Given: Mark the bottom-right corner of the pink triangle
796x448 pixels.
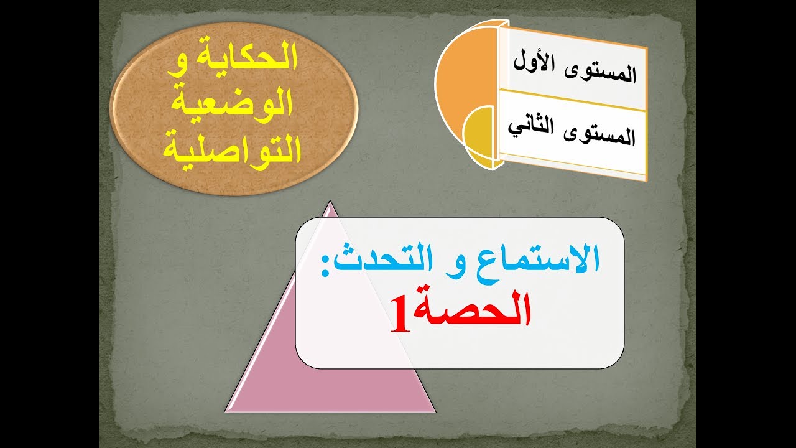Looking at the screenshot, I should pos(434,411).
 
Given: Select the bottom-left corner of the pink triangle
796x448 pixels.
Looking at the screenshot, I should pos(225,411).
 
